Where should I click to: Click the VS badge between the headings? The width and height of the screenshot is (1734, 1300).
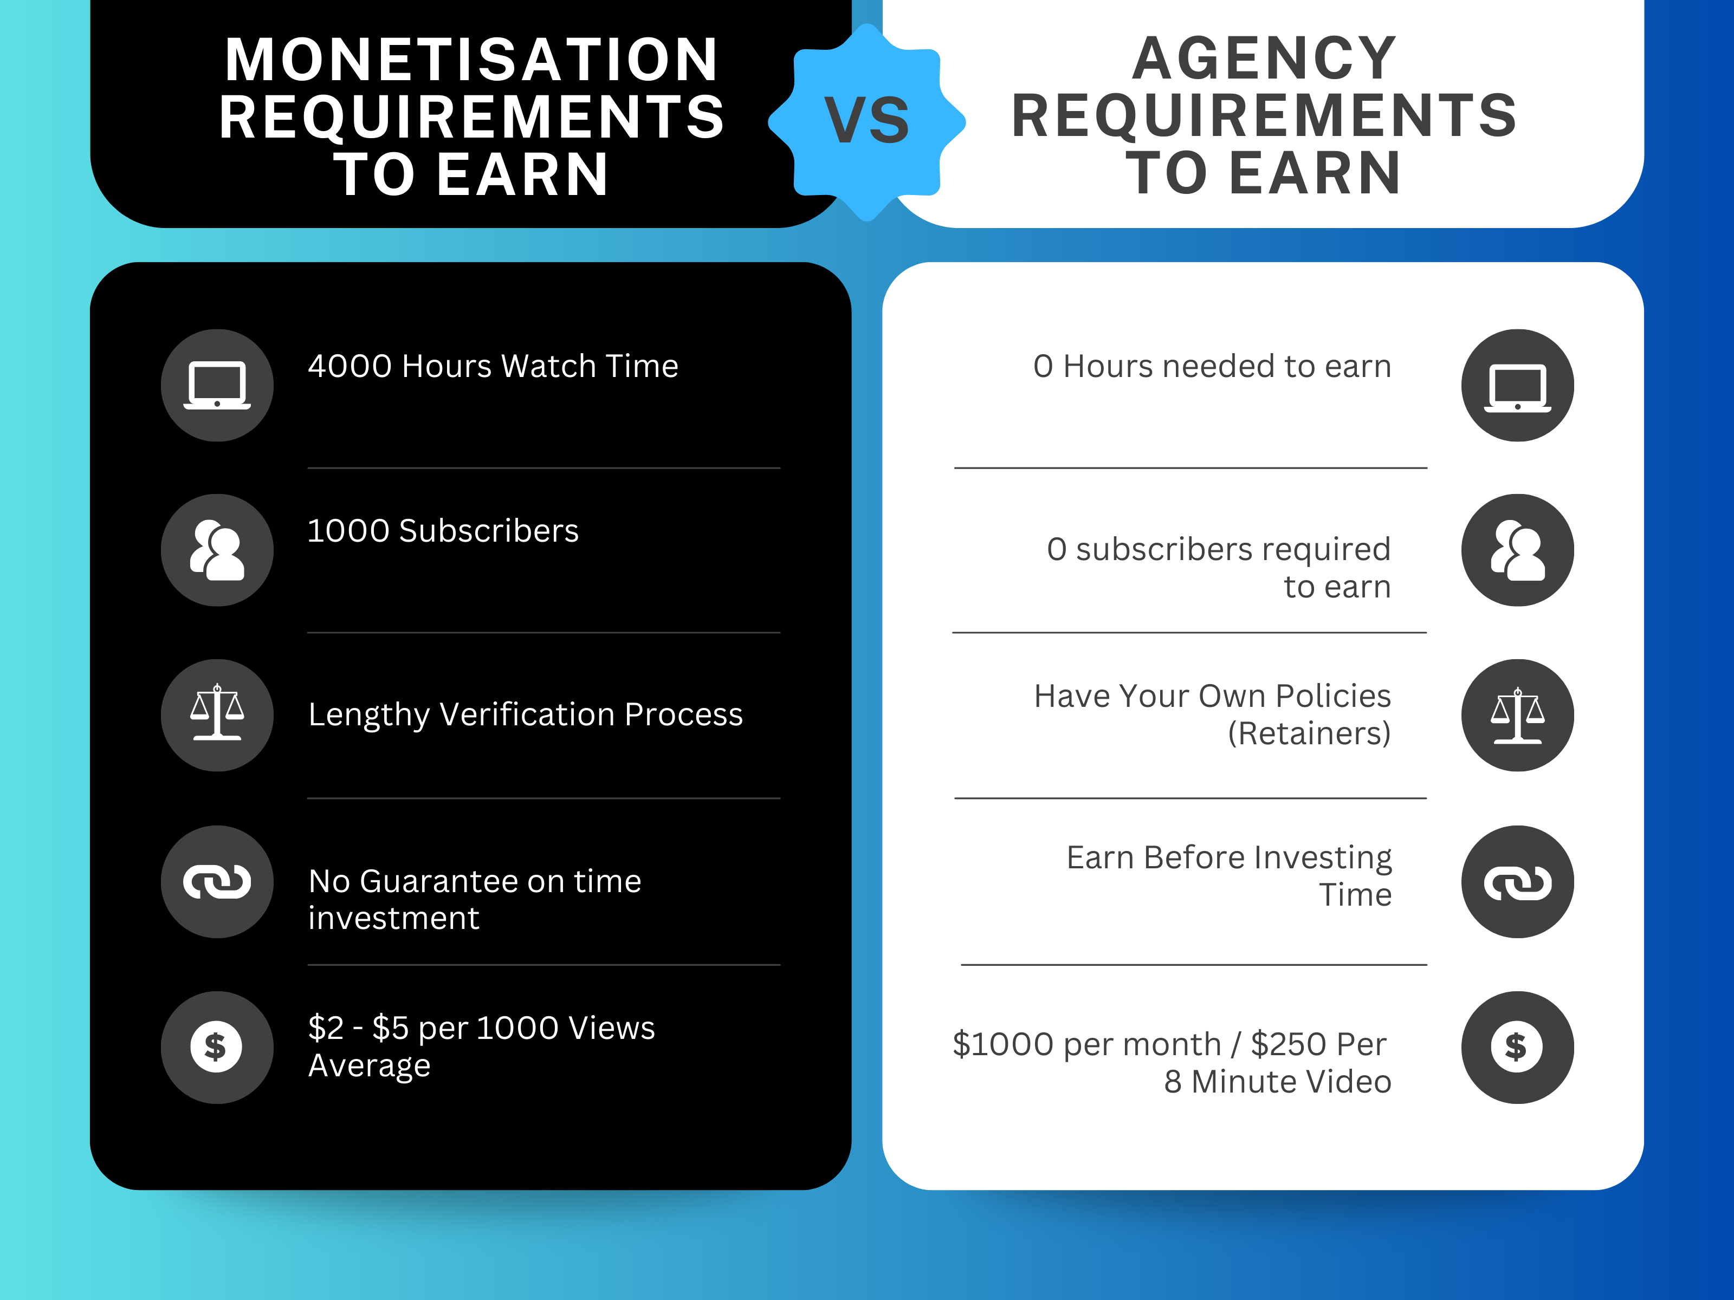[866, 121]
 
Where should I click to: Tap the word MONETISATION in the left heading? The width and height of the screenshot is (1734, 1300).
[472, 60]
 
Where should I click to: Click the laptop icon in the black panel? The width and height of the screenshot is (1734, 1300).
[217, 386]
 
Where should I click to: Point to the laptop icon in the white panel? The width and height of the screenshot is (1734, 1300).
[1518, 386]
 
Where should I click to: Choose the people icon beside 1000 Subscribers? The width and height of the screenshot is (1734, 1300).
[217, 550]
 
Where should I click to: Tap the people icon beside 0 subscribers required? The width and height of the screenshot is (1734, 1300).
[1518, 550]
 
